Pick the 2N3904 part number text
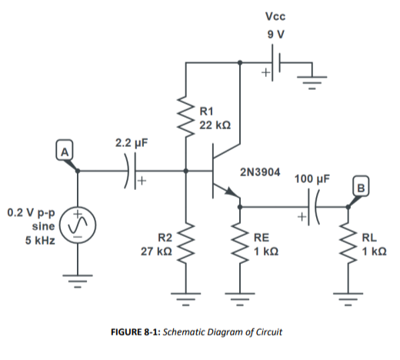pos(259,171)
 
